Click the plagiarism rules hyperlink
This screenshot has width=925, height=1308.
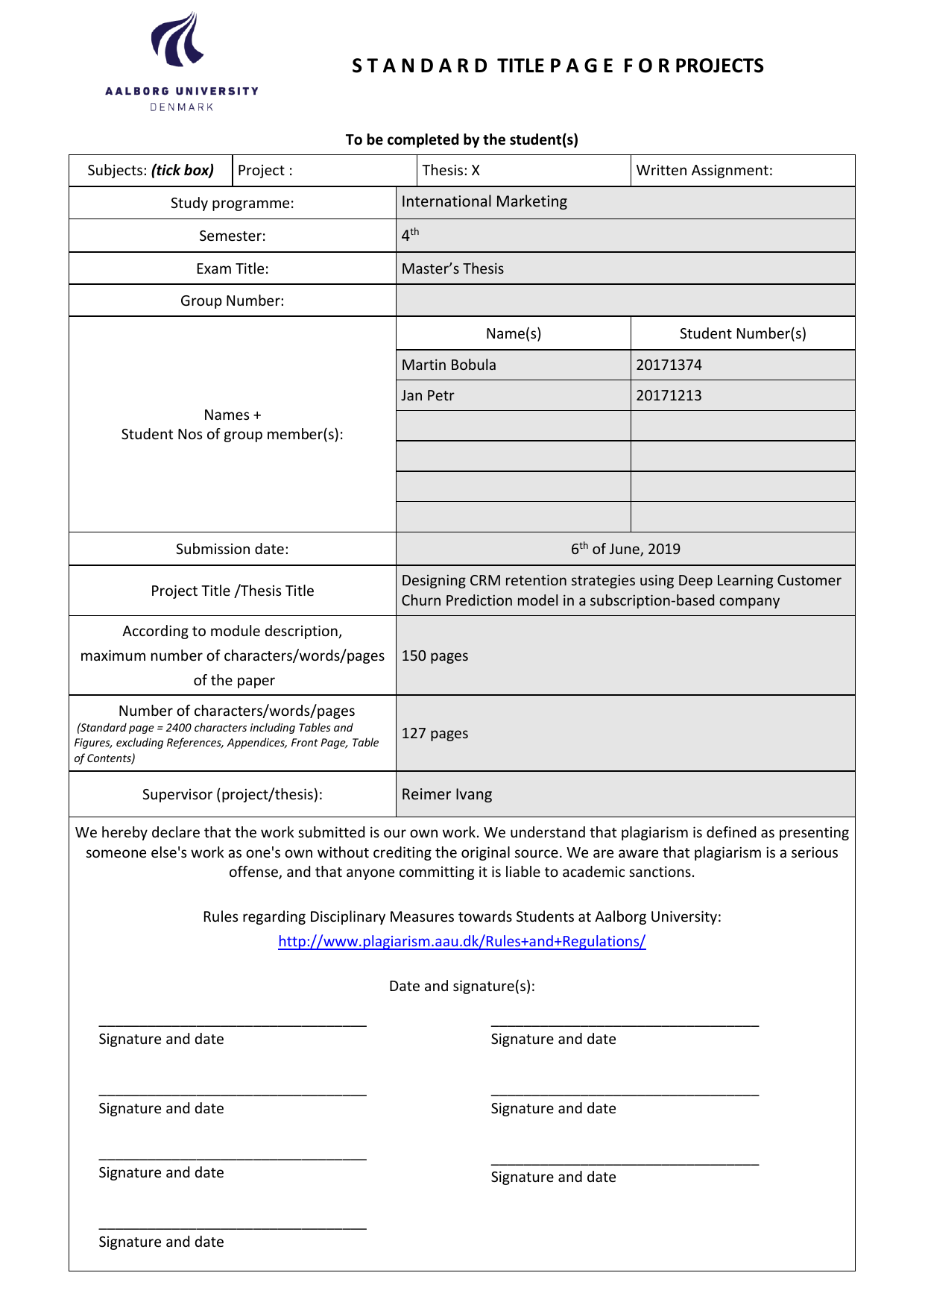[x=461, y=941]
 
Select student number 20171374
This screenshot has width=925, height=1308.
[x=669, y=365]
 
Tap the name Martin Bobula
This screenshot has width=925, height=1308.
[x=449, y=365]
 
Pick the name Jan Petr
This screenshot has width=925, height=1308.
[x=427, y=395]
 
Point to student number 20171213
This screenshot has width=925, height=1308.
[x=669, y=395]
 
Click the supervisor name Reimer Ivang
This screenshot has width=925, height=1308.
[x=446, y=794]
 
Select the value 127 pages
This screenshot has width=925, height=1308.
[x=435, y=733]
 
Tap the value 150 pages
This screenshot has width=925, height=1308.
[x=435, y=655]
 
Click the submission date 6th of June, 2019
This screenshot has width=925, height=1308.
[x=625, y=549]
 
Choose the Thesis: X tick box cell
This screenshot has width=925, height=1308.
[x=451, y=170]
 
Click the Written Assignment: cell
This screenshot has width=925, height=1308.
[x=704, y=170]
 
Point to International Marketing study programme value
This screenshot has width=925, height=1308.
[x=484, y=201]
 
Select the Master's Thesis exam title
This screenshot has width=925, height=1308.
[x=452, y=268]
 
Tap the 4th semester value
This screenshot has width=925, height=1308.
[x=410, y=235]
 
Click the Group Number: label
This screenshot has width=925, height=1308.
[x=232, y=301]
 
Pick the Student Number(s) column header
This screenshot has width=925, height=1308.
[x=742, y=333]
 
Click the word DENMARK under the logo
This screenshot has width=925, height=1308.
[x=182, y=107]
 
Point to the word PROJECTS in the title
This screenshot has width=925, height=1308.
[x=719, y=66]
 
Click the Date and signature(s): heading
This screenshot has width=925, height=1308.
[x=461, y=986]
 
